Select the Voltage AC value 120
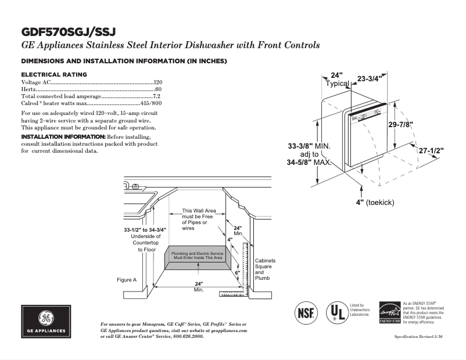(x=157, y=83)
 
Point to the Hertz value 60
(x=158, y=89)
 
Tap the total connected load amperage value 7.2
(x=156, y=96)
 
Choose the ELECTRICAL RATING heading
(x=54, y=74)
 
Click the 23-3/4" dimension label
(x=369, y=78)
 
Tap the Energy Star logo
(x=389, y=312)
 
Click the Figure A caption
(x=127, y=280)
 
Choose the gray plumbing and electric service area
(x=198, y=256)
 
